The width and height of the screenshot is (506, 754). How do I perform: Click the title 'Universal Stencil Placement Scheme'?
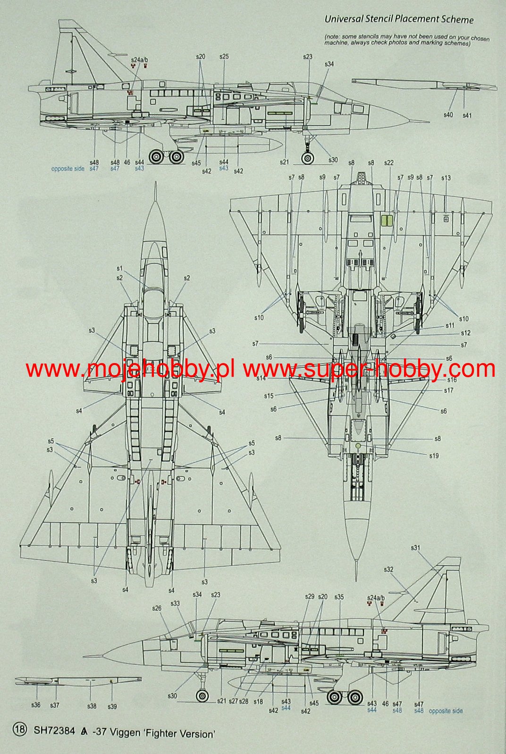coord(399,19)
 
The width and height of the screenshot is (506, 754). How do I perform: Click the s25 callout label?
coord(224,57)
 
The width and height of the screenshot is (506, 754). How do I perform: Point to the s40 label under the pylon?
coord(448,115)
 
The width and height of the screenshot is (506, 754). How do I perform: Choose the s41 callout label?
coord(467,115)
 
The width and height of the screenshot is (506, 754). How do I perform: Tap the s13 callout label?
coord(446,178)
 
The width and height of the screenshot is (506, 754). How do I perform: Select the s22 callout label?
coord(388,163)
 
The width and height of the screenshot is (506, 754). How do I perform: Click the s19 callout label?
coord(434,456)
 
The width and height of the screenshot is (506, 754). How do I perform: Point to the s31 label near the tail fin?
coord(415,548)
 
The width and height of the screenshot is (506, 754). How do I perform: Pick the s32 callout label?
coord(388,569)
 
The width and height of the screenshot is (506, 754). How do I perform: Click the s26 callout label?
coord(157,608)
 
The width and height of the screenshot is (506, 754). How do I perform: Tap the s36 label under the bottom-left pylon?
coord(36,705)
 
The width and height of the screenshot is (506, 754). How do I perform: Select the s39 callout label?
coord(112,706)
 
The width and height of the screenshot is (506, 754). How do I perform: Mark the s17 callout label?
coord(448,390)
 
